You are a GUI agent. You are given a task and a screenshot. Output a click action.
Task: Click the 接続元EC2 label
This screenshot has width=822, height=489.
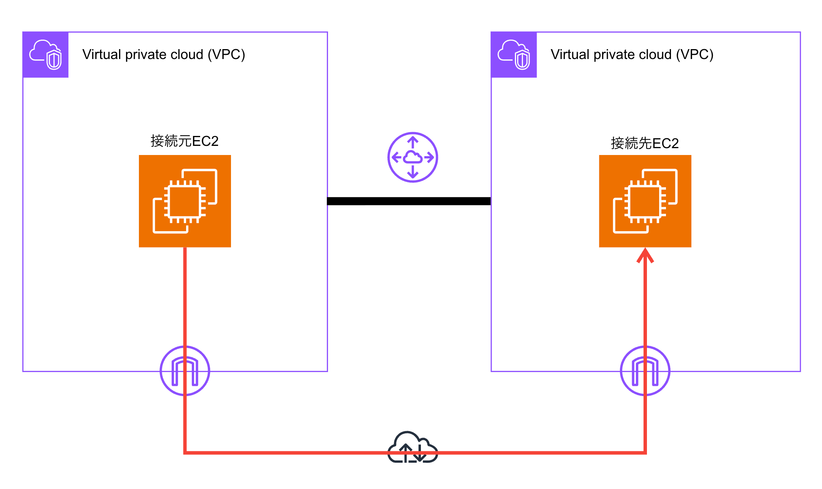pyautogui.click(x=185, y=141)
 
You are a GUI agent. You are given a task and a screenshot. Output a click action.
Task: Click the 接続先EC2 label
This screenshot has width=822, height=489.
pyautogui.click(x=645, y=144)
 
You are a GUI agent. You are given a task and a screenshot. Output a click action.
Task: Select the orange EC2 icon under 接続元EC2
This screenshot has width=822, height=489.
pyautogui.click(x=185, y=201)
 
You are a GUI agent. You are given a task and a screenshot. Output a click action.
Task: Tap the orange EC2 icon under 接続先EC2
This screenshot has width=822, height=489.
pyautogui.click(x=645, y=201)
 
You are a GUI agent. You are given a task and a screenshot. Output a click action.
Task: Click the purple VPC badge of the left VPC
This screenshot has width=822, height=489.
pyautogui.click(x=46, y=55)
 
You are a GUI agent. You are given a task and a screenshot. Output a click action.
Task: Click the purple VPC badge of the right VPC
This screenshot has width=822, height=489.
pyautogui.click(x=514, y=55)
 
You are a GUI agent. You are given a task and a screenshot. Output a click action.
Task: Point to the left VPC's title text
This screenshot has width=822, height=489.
pyautogui.click(x=164, y=54)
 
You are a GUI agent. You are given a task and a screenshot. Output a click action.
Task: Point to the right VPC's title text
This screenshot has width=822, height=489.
pyautogui.click(x=632, y=54)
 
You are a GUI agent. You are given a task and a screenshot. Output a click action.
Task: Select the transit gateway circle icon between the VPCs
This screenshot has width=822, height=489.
pyautogui.click(x=413, y=157)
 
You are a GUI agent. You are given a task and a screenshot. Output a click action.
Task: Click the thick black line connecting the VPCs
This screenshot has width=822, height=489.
pyautogui.click(x=409, y=201)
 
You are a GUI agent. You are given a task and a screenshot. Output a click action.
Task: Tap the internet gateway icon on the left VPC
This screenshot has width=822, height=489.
pyautogui.click(x=185, y=371)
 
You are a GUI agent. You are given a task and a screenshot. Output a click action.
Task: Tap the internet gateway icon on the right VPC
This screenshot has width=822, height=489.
pyautogui.click(x=645, y=371)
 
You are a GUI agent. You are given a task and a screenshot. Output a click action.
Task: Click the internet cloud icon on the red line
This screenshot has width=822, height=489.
pyautogui.click(x=413, y=447)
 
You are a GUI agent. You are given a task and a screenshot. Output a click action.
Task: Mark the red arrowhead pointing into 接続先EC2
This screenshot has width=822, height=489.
pyautogui.click(x=645, y=255)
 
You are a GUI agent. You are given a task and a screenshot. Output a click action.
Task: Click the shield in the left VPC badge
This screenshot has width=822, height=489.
pyautogui.click(x=54, y=60)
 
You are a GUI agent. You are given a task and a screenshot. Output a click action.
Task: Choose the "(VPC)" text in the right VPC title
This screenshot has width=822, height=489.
pyautogui.click(x=695, y=54)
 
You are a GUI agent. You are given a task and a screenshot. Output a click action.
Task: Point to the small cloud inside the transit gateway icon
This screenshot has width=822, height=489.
pyautogui.click(x=413, y=157)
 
